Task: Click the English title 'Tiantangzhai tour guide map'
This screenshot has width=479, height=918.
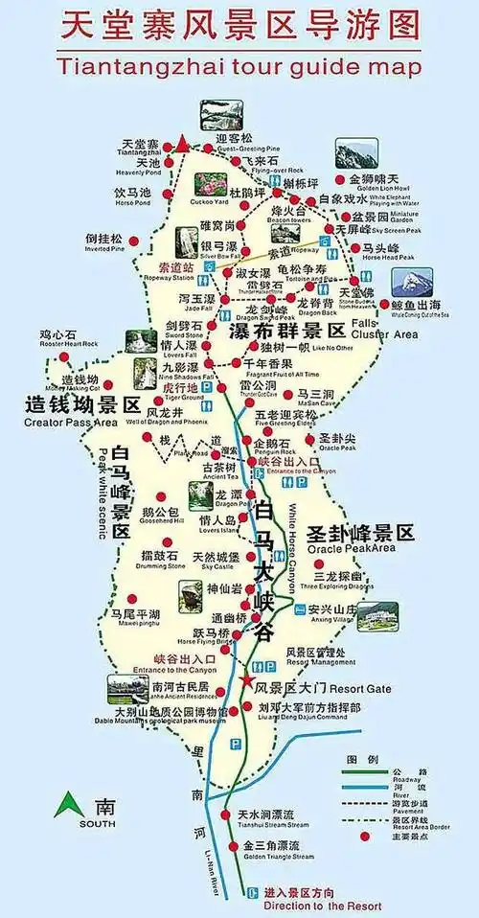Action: (239, 66)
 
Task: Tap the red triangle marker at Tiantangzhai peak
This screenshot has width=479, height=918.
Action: (182, 145)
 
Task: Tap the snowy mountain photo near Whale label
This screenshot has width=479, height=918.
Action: (412, 281)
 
